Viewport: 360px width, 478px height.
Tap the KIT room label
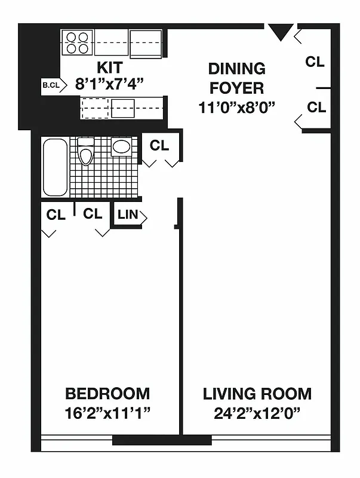click(x=110, y=66)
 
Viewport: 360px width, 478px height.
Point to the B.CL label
click(x=50, y=85)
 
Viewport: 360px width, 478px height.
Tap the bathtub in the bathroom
click(x=55, y=167)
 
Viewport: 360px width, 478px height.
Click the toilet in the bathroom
click(x=86, y=153)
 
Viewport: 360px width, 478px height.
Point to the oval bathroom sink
click(x=122, y=147)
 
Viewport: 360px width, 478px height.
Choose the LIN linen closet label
click(x=127, y=216)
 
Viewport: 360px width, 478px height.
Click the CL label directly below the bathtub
click(x=56, y=215)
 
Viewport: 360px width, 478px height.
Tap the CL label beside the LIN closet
click(x=93, y=214)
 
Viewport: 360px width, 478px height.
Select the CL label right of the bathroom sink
click(x=159, y=145)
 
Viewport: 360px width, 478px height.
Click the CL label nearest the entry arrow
click(x=315, y=62)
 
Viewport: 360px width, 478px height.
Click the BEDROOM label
click(x=107, y=394)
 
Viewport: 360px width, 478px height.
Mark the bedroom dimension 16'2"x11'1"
click(x=107, y=412)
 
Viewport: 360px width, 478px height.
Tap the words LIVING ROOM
click(x=257, y=394)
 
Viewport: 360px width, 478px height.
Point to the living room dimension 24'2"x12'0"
click(x=257, y=412)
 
